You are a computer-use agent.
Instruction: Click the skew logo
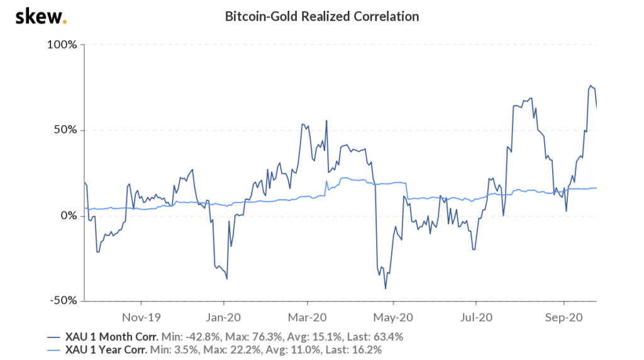pos(41,16)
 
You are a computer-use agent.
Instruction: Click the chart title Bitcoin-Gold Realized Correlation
pos(321,16)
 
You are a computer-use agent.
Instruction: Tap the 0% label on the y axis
pos(68,216)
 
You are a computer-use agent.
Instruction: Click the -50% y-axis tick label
pos(64,301)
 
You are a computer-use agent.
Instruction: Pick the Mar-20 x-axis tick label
pos(308,317)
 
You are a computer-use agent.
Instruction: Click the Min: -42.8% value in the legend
pos(187,337)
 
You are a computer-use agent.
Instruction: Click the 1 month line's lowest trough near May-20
pos(386,288)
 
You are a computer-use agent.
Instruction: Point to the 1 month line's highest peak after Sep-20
pos(591,86)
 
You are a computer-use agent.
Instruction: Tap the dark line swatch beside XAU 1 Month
pos(53,337)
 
